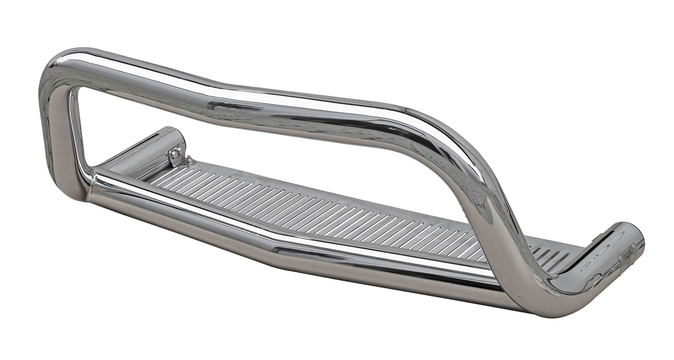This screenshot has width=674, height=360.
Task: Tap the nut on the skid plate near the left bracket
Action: (x=189, y=160)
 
